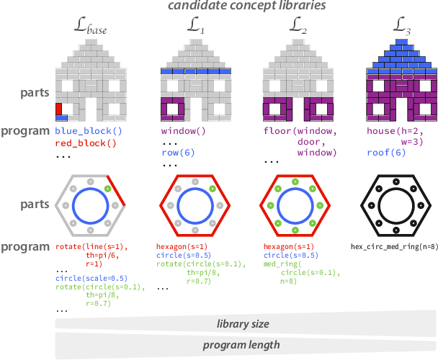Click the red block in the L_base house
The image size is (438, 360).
point(59,109)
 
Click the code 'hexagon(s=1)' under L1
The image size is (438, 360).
point(181,246)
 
